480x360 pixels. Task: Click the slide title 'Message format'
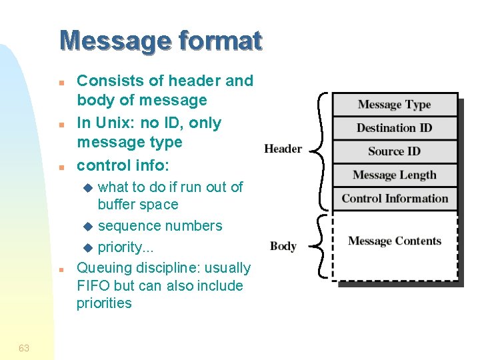161,41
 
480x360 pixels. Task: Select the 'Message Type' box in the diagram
395,105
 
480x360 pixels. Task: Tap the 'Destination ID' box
395,128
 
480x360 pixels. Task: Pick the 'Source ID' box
395,151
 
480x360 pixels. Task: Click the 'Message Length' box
395,175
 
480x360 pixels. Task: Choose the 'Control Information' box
395,199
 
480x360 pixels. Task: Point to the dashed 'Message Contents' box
395,242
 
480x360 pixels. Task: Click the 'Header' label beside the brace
283,149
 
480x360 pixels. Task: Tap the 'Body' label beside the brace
283,246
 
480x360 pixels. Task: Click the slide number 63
24,348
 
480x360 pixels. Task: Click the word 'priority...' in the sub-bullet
126,247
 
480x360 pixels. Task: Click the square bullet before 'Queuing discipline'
60,270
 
